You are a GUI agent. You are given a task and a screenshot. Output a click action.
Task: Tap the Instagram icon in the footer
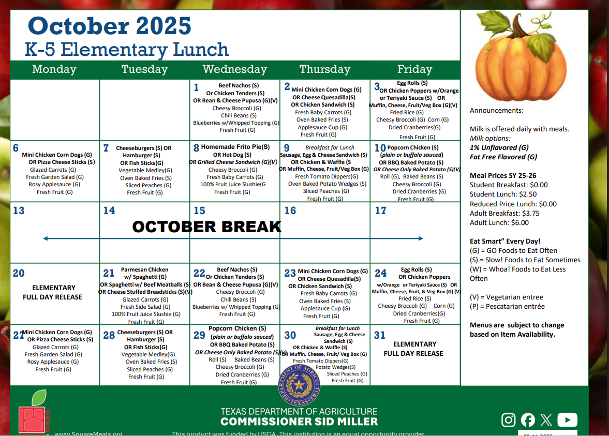click(509, 419)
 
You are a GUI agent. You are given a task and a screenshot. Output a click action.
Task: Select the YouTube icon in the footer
click(567, 419)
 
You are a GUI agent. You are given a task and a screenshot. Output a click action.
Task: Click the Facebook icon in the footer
click(528, 419)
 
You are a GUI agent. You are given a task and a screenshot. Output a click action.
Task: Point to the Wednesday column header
click(234, 69)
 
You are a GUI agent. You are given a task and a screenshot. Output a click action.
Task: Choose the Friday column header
click(414, 69)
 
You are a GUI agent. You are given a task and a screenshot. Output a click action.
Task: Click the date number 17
click(380, 211)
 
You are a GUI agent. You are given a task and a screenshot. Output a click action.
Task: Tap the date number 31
click(380, 335)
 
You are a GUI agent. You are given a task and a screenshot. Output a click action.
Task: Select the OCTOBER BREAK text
click(206, 227)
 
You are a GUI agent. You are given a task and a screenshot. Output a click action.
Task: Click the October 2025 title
click(109, 25)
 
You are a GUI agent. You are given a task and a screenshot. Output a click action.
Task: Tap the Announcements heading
click(496, 110)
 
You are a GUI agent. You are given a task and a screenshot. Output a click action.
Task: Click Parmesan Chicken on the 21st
click(144, 269)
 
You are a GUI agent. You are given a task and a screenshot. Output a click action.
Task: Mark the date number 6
click(16, 148)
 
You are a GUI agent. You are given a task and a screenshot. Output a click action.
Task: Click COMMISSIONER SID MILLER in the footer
click(299, 422)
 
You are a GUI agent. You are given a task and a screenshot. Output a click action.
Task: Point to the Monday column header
click(54, 69)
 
